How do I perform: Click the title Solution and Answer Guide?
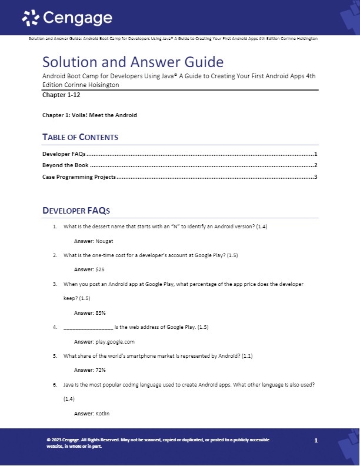click(132, 62)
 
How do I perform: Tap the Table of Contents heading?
click(80, 137)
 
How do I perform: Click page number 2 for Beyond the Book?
click(316, 165)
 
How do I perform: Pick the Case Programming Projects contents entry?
click(79, 177)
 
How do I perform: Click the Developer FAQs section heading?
click(76, 210)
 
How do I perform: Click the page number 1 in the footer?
click(316, 440)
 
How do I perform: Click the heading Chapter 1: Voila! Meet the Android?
click(89, 115)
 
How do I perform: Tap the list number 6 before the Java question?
click(54, 384)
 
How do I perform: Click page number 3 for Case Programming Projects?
click(316, 177)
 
